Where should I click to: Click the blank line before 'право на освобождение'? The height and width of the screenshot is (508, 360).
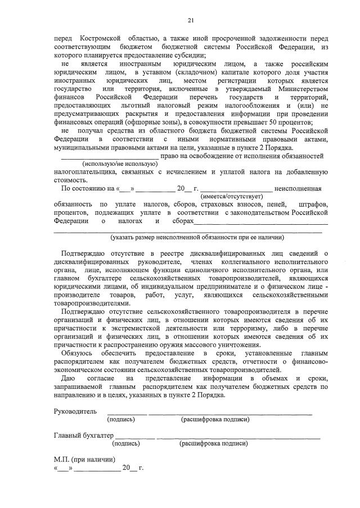pyautogui.click(x=106, y=155)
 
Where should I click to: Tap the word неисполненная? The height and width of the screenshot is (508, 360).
pyautogui.click(x=298, y=188)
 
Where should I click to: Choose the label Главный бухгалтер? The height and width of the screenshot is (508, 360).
pyautogui.click(x=84, y=435)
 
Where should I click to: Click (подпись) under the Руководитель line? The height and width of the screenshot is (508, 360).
pyautogui.click(x=120, y=419)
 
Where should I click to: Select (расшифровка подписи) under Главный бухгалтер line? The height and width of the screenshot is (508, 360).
pyautogui.click(x=213, y=443)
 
